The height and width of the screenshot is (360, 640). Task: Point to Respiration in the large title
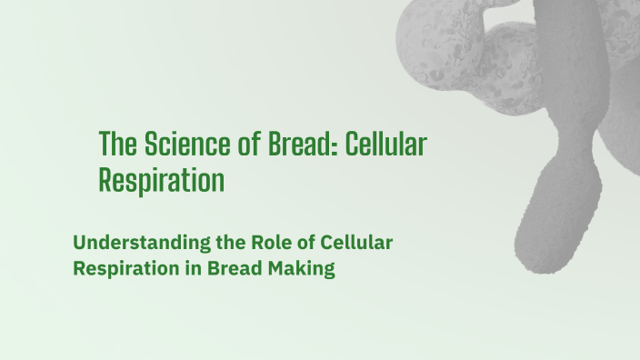click(x=161, y=180)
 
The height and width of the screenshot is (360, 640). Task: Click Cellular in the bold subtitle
click(x=355, y=243)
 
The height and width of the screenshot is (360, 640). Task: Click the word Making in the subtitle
click(x=301, y=270)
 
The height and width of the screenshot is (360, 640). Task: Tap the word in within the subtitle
click(x=193, y=270)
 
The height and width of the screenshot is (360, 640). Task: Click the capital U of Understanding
click(x=79, y=243)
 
